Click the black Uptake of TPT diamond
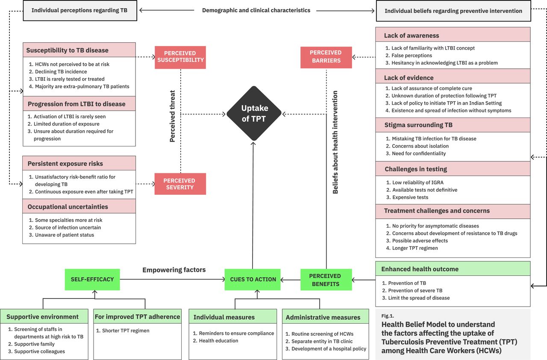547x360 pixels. pyautogui.click(x=254, y=113)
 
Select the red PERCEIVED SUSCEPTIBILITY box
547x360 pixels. pyautogui.click(x=180, y=57)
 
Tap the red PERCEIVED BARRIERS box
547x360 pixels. pyautogui.click(x=326, y=57)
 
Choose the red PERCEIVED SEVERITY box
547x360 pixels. pyautogui.click(x=180, y=184)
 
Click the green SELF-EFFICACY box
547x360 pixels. pyautogui.click(x=92, y=279)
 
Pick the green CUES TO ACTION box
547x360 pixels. pyautogui.click(x=253, y=279)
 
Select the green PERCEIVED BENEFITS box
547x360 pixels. pyautogui.click(x=326, y=280)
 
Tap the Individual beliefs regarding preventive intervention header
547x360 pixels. pyautogui.click(x=453, y=11)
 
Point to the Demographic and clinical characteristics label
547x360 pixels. pyautogui.click(x=256, y=10)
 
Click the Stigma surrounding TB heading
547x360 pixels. pyautogui.click(x=418, y=125)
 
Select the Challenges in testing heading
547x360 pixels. pyautogui.click(x=415, y=169)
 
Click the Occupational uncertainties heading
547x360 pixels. pyautogui.click(x=68, y=207)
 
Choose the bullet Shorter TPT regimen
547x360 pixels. pyautogui.click(x=125, y=331)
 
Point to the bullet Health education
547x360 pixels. pyautogui.click(x=218, y=341)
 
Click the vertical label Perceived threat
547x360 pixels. pyautogui.click(x=173, y=116)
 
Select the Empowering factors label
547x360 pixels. pyautogui.click(x=174, y=270)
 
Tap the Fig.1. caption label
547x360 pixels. pyautogui.click(x=387, y=316)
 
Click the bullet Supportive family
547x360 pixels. pyautogui.click(x=34, y=344)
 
